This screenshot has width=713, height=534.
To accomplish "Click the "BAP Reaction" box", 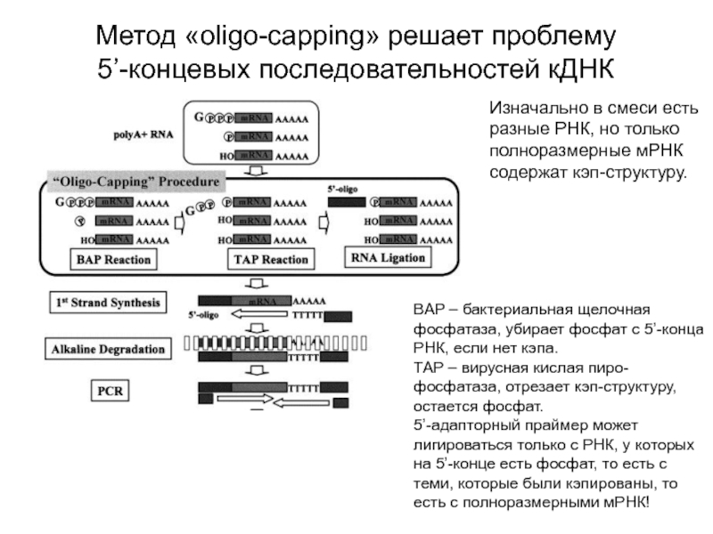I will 113,260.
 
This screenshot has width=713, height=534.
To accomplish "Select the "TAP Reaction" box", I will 270,260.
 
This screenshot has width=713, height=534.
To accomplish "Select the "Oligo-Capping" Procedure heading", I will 138,182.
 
